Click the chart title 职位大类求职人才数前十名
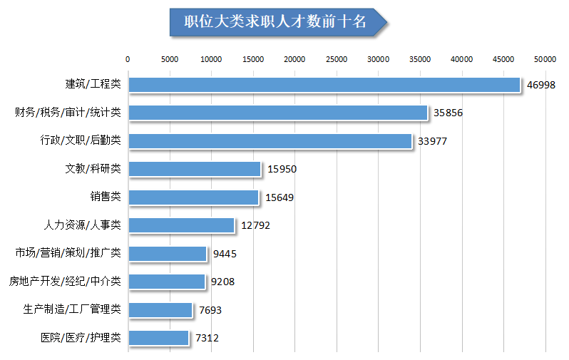[275, 22]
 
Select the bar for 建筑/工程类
[324, 85]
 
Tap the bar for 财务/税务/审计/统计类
[278, 113]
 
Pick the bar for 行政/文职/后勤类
[270, 141]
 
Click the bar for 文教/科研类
[195, 169]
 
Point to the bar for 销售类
[193, 197]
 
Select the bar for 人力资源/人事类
[182, 225]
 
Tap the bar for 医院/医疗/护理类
[159, 338]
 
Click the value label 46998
[541, 85]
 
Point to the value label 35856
[448, 113]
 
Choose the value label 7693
[210, 310]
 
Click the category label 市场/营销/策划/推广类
[68, 253]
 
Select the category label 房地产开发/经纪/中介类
[65, 282]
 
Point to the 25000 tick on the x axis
[337, 59]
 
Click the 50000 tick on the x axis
[545, 59]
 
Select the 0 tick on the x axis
[128, 59]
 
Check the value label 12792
[256, 226]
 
